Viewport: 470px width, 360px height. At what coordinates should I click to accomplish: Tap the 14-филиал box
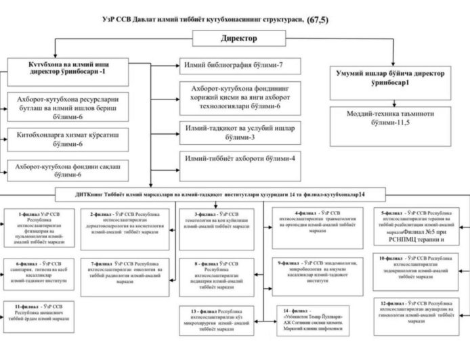click(316, 319)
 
